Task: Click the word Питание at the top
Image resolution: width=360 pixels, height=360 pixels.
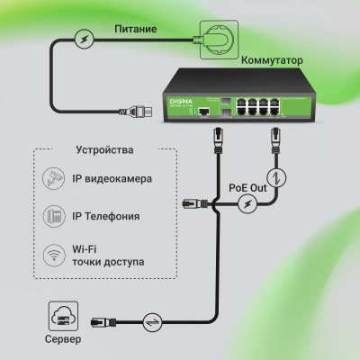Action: [x=136, y=30]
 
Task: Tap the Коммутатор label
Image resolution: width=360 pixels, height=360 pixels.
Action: [x=271, y=61]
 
